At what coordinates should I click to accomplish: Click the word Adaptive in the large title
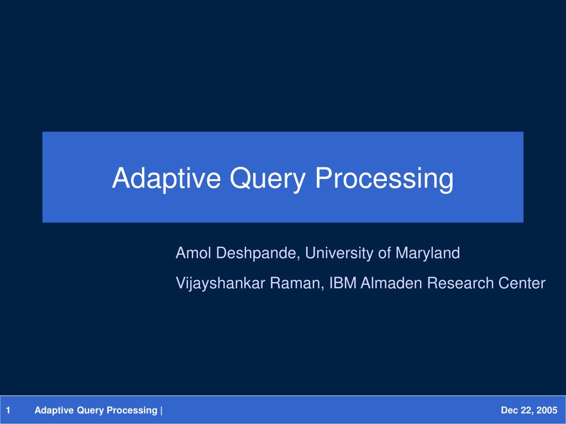point(166,178)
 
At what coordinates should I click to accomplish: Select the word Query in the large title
point(268,179)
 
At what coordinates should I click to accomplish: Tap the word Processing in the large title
point(384,179)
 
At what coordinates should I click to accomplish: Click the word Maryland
point(428,254)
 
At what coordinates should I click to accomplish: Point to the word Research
point(460,283)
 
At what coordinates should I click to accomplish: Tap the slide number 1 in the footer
point(8,410)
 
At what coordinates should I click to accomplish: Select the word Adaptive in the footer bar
point(54,410)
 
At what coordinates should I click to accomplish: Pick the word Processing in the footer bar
point(132,411)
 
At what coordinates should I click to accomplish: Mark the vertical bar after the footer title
point(161,411)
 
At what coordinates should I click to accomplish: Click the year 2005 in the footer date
point(547,410)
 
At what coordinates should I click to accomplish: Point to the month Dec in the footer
point(509,410)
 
